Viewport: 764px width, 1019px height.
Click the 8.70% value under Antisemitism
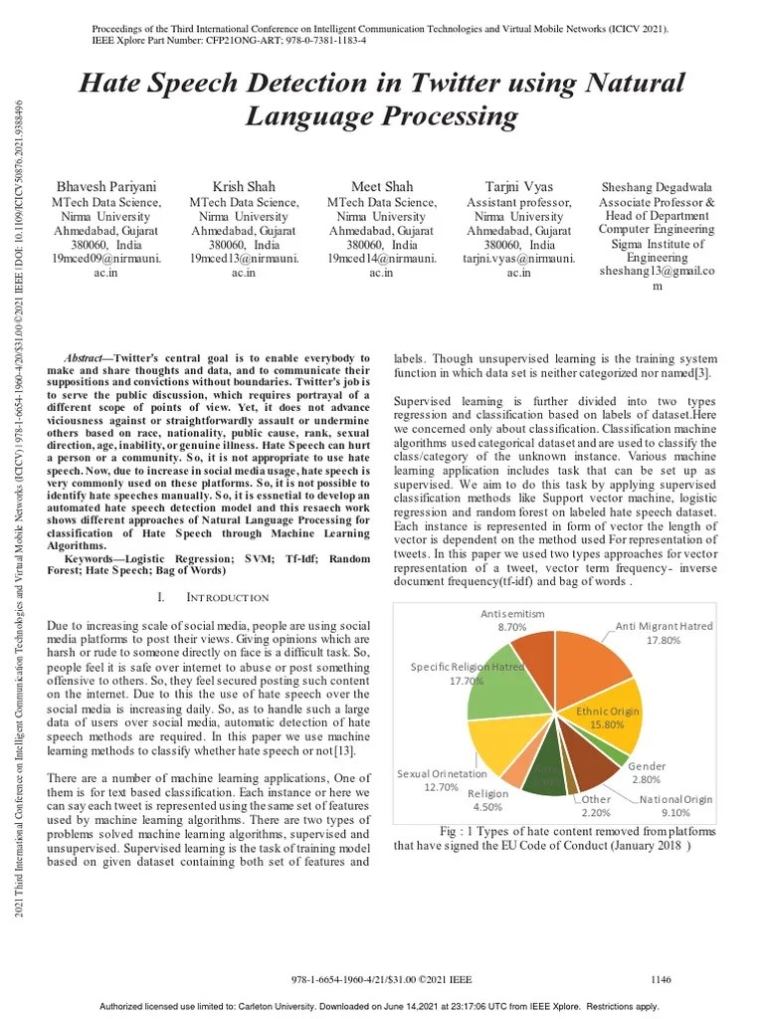(x=512, y=628)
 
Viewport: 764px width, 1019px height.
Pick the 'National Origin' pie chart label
(x=676, y=799)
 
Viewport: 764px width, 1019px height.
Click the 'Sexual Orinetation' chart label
(x=442, y=773)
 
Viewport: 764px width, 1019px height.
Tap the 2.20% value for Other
(x=596, y=812)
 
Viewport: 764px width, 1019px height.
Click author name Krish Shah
(x=244, y=186)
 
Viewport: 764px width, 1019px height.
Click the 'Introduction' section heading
(x=227, y=597)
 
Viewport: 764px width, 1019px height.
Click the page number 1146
(x=663, y=979)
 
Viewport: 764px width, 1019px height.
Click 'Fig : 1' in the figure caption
(x=459, y=831)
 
